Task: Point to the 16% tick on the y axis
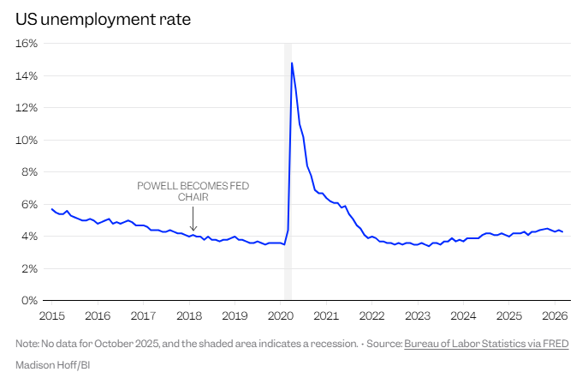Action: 27,44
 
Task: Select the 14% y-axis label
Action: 27,76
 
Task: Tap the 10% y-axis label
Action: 27,141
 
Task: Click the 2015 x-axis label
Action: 51,315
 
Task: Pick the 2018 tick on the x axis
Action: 189,315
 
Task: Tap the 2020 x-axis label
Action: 281,315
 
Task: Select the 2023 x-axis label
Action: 418,315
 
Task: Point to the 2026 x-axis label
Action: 555,315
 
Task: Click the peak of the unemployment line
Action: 292,63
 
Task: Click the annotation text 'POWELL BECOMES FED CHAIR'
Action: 193,191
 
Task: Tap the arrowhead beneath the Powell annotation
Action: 193,229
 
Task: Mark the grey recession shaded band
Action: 288,171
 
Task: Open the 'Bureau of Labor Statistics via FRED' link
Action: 486,343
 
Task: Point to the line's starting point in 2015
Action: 52,209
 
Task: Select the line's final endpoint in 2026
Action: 562,231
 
